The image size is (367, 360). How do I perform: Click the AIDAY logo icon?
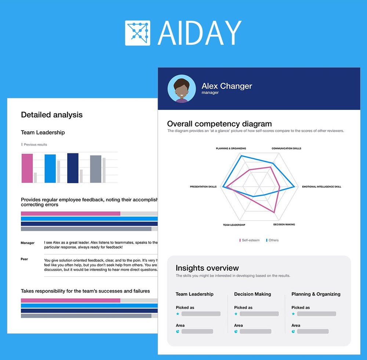pos(138,33)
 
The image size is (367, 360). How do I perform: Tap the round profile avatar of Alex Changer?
pos(181,89)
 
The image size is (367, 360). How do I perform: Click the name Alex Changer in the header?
pos(227,86)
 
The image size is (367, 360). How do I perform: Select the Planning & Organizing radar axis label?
pos(231,148)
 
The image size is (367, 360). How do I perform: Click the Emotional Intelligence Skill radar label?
pos(321,187)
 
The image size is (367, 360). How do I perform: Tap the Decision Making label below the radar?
pos(284,224)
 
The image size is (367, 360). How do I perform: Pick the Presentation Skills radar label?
pos(203,187)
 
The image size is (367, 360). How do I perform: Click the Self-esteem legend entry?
pos(250,240)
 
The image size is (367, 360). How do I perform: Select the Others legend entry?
pos(273,240)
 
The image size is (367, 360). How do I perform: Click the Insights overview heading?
pos(207,268)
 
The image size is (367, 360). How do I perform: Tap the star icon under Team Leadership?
pos(178,314)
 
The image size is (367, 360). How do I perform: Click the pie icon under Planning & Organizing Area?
pos(293,331)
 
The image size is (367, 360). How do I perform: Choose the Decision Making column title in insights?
pos(252,294)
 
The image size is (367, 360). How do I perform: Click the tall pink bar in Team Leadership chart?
pos(27,168)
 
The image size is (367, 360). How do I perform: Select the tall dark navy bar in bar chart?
pos(73,168)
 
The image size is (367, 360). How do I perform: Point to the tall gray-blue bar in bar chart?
pos(95,169)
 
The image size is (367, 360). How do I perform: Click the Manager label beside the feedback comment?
pos(28,243)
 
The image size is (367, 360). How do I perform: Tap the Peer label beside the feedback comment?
pos(24,259)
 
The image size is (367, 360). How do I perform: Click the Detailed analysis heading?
pos(52,115)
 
